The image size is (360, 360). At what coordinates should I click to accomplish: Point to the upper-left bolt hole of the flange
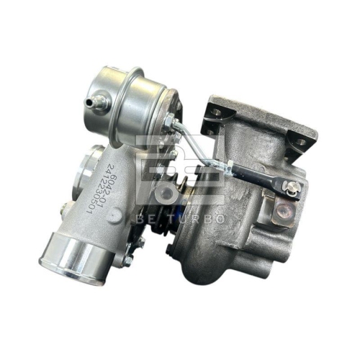[x=213, y=109]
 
